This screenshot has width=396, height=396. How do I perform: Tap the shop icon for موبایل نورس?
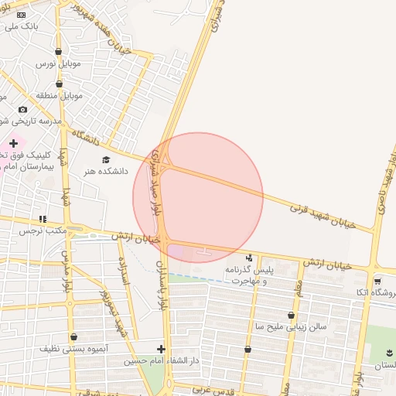tap(60, 52)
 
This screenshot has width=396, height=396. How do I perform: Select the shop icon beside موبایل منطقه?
tap(59, 84)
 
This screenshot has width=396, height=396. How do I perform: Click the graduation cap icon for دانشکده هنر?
tap(106, 159)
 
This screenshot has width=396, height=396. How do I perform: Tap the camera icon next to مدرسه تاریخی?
tap(22, 110)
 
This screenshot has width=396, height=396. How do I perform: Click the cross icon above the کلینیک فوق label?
tap(13, 143)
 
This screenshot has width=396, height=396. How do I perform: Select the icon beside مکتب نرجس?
tap(43, 219)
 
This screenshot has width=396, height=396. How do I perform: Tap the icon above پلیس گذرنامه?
tap(248, 258)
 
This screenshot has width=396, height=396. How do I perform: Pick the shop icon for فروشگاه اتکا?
tap(377, 281)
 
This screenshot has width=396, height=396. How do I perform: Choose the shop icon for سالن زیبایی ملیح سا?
tap(291, 315)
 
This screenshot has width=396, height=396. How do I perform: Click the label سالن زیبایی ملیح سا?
tap(291, 326)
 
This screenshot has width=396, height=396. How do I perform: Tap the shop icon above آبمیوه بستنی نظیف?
tap(73, 336)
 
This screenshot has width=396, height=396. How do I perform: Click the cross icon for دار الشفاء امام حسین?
tap(161, 349)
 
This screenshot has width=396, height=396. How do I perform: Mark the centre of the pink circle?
tap(198, 198)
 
